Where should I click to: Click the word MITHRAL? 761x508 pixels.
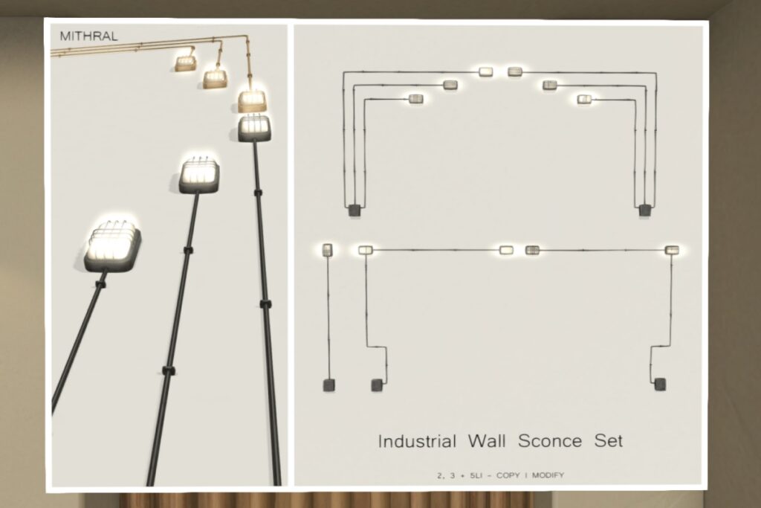pyautogui.click(x=88, y=36)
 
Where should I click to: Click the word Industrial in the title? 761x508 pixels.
pyautogui.click(x=417, y=441)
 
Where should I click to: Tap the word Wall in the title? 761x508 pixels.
pyautogui.click(x=486, y=441)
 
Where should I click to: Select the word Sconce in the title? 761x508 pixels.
pyautogui.click(x=550, y=441)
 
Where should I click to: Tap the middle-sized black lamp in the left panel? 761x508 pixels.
pyautogui.click(x=199, y=174)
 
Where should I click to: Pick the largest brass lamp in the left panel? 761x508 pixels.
pyautogui.click(x=253, y=99)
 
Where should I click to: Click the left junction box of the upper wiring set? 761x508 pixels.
pyautogui.click(x=354, y=210)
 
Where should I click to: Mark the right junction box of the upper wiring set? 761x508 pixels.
pyautogui.click(x=644, y=210)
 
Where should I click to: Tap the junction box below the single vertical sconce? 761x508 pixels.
pyautogui.click(x=328, y=385)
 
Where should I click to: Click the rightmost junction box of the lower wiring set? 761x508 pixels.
pyautogui.click(x=659, y=385)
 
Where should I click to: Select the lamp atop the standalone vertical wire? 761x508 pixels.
pyautogui.click(x=328, y=250)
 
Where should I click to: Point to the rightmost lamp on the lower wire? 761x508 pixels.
pyautogui.click(x=672, y=250)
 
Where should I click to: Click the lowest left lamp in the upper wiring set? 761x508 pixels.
pyautogui.click(x=415, y=99)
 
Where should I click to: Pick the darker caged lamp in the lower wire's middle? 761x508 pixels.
pyautogui.click(x=532, y=250)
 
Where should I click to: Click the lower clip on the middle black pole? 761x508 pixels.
pyautogui.click(x=167, y=370)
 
